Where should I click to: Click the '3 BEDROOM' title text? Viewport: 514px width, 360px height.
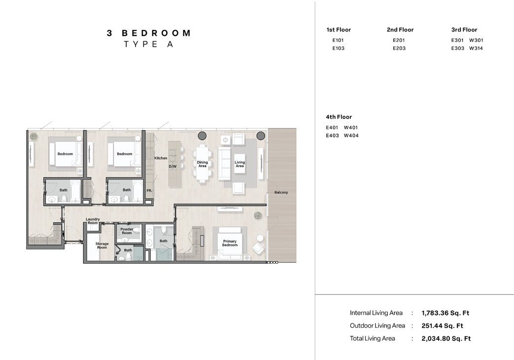(149, 33)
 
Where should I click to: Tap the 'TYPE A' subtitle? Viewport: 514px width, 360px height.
(148, 44)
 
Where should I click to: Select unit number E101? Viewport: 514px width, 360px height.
(338, 40)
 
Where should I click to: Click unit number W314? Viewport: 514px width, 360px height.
(476, 48)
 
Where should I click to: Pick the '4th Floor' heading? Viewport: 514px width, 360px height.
(339, 117)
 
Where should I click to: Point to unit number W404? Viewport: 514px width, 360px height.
(351, 135)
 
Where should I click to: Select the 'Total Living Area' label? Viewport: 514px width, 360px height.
(372, 338)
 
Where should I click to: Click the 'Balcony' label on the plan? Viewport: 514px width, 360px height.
(281, 192)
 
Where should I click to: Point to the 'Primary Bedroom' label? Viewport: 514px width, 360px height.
(230, 243)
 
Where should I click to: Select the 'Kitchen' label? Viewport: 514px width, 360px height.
(161, 158)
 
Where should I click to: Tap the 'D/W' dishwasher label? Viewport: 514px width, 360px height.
(172, 167)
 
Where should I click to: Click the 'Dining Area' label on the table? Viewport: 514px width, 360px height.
(203, 164)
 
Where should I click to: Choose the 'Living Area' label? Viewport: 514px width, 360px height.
(240, 164)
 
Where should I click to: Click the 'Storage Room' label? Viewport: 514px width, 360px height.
(102, 245)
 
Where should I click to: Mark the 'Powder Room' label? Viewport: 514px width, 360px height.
(127, 231)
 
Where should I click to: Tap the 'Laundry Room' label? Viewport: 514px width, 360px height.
(93, 221)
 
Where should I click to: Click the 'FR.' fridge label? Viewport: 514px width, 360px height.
(149, 190)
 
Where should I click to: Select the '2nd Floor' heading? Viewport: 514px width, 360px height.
(400, 30)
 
